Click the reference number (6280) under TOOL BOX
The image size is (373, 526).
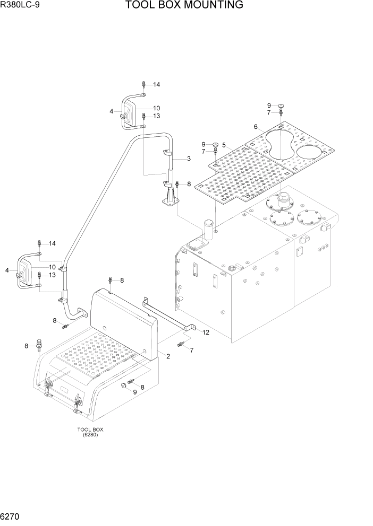point(90,435)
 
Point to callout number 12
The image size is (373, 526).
point(206,332)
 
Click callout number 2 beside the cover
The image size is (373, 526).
point(168,356)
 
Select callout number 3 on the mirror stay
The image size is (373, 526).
point(189,158)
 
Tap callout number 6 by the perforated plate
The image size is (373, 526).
point(256,127)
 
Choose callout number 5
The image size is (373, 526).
point(224,145)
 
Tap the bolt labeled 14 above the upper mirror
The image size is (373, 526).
point(144,84)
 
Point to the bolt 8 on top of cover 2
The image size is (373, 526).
point(109,280)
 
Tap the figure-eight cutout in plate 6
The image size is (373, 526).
point(280,142)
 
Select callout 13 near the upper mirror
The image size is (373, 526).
point(157,116)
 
